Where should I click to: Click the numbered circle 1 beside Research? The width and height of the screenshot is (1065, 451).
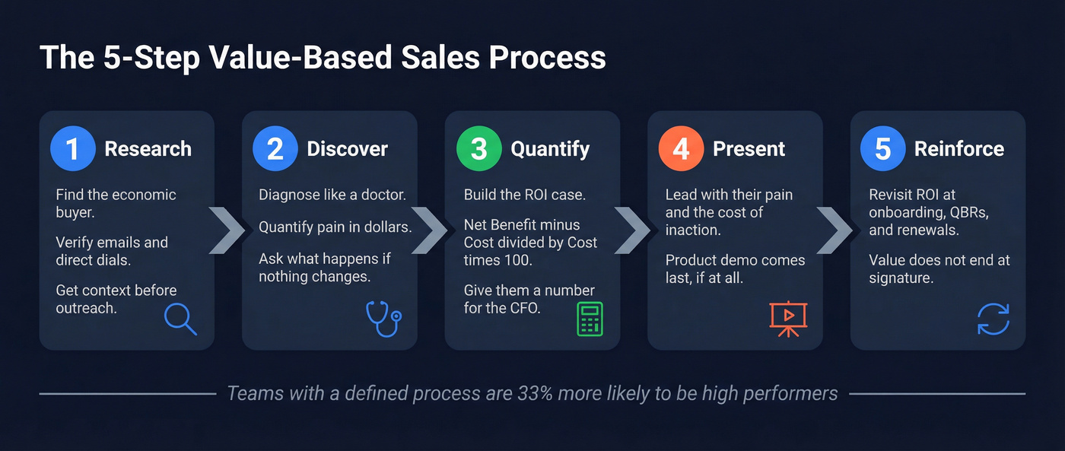72,148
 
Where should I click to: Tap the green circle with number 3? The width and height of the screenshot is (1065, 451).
478,148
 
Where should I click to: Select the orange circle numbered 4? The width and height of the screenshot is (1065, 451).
681,148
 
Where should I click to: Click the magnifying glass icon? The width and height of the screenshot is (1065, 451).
180,319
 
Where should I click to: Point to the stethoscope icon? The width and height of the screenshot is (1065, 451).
383,319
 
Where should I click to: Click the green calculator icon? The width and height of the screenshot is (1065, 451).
589,319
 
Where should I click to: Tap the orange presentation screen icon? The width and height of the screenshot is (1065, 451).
788,319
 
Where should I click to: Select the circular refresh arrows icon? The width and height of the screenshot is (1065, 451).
993,319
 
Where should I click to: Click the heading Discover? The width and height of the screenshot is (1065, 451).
347,149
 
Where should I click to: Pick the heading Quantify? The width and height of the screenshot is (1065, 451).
550,149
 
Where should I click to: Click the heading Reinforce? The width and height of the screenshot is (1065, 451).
958,149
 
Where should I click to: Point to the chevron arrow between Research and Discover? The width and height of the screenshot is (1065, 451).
227,230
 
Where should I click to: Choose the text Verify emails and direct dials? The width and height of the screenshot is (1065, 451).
112,251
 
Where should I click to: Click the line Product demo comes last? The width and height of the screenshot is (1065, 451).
735,268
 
